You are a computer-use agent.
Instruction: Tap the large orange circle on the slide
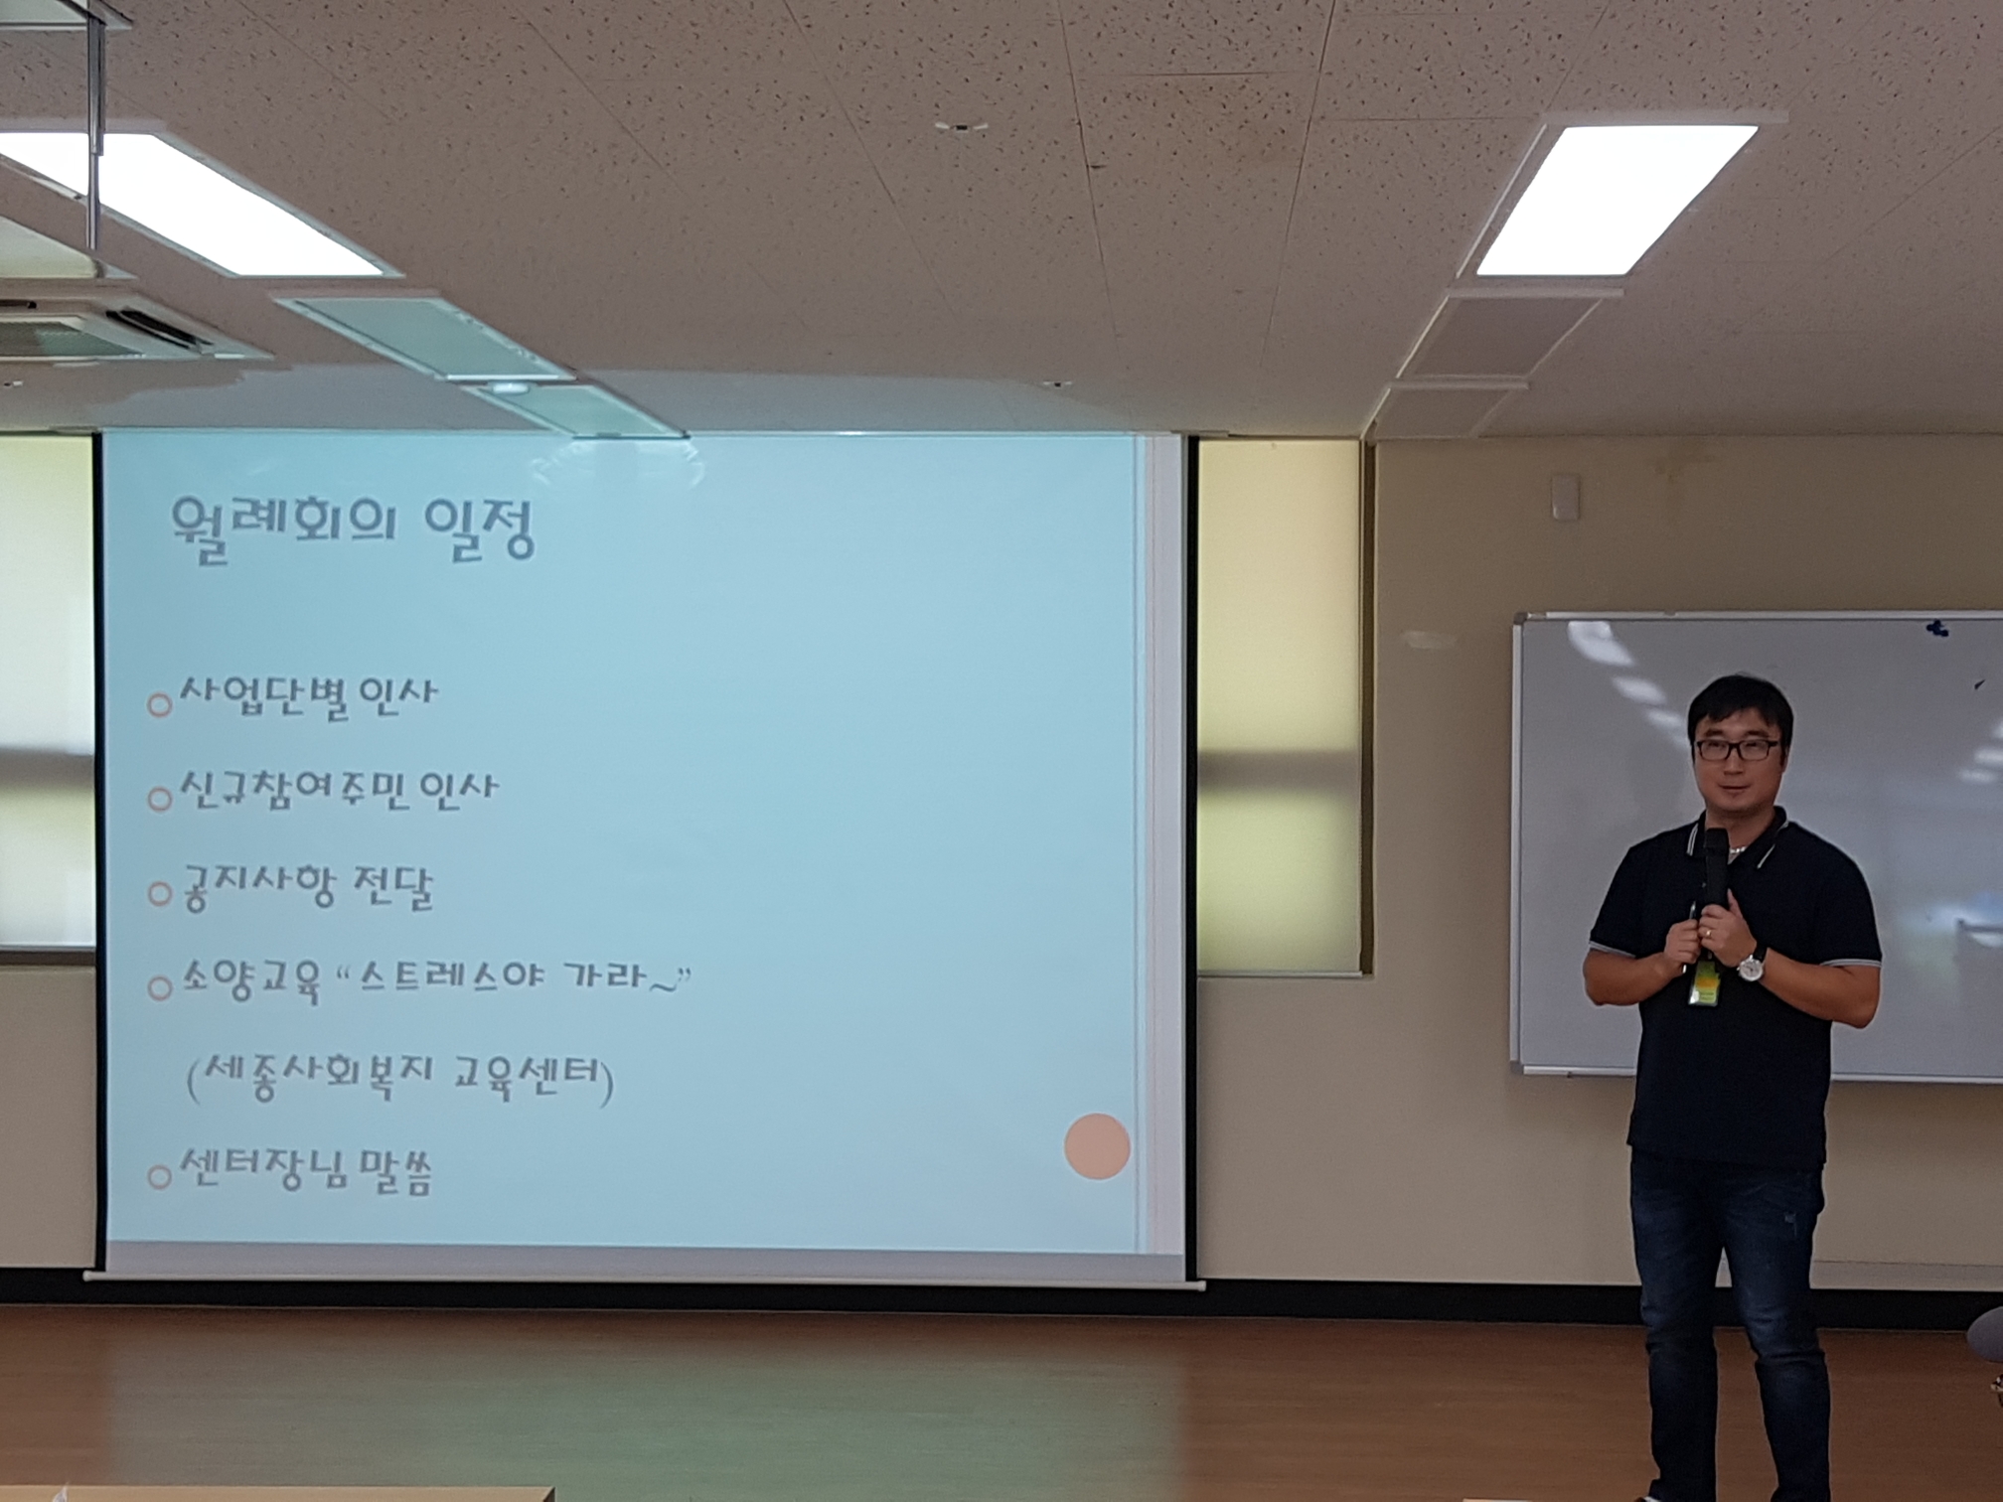[x=1097, y=1145]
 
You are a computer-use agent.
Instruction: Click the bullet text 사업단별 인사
[x=307, y=696]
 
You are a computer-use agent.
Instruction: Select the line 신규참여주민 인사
[x=337, y=792]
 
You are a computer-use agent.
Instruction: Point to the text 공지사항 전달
[x=305, y=887]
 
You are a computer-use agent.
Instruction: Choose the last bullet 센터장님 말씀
[x=305, y=1172]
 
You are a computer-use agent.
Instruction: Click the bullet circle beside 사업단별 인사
[x=159, y=705]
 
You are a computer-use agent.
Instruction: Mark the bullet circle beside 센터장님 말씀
[x=159, y=1178]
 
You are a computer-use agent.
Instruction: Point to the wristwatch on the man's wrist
[x=1750, y=964]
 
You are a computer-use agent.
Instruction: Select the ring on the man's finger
[x=1708, y=933]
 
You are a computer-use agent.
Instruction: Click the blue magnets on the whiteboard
[x=1937, y=627]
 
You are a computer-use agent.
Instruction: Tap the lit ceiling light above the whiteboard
[x=1616, y=199]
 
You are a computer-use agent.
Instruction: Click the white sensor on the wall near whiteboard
[x=1565, y=497]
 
